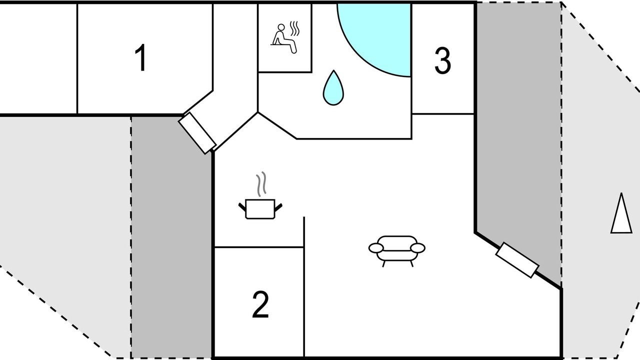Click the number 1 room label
point(141,58)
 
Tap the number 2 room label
point(260,304)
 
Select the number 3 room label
point(442,61)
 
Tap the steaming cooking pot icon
point(260,207)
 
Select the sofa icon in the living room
point(397,248)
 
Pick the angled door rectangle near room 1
point(197,133)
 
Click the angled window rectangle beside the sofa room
point(517,260)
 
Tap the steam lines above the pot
point(261,184)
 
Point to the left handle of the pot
point(242,205)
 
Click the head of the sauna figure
point(281,27)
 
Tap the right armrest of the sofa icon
point(417,247)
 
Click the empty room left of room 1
point(38,58)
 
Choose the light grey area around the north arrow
point(600,280)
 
